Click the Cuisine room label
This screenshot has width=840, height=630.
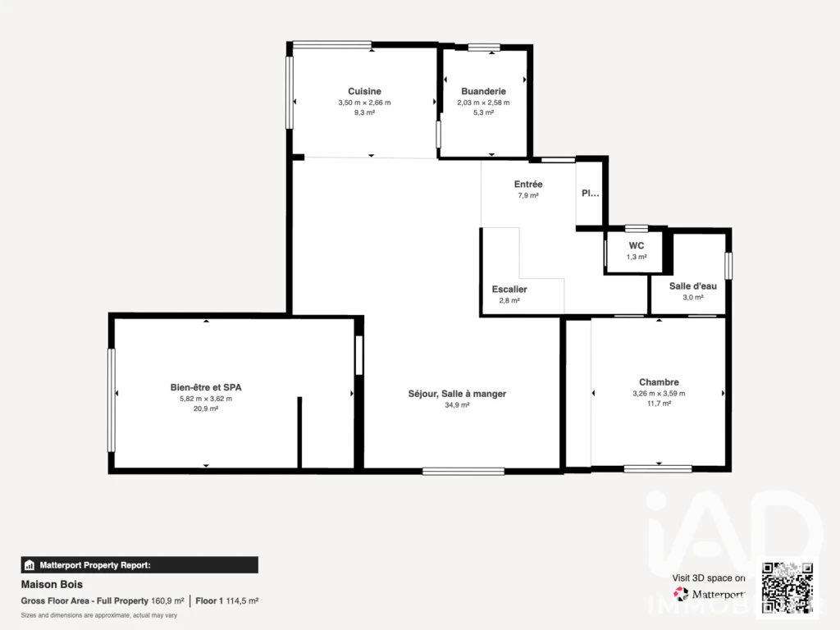click(364, 91)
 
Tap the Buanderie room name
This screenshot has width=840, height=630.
click(483, 91)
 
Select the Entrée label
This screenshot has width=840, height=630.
click(528, 185)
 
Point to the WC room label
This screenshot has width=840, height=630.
click(637, 245)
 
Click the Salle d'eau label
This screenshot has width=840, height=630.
click(692, 286)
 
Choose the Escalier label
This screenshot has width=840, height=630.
click(509, 290)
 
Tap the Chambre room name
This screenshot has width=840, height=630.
click(659, 382)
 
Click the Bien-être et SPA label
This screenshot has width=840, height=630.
click(206, 387)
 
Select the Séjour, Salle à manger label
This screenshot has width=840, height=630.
click(457, 394)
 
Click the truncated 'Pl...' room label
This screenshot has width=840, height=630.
click(591, 194)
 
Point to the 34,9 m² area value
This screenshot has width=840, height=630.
click(457, 405)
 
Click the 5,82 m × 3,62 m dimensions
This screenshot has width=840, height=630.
click(206, 399)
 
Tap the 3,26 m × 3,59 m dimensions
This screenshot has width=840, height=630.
click(659, 393)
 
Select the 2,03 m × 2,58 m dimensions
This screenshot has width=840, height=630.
click(483, 103)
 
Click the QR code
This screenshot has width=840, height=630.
click(787, 587)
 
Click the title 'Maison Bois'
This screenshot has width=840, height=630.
click(52, 584)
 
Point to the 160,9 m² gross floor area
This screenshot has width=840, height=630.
click(167, 601)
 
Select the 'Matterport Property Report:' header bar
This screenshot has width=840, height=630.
click(139, 565)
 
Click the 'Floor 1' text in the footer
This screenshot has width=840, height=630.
click(209, 601)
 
